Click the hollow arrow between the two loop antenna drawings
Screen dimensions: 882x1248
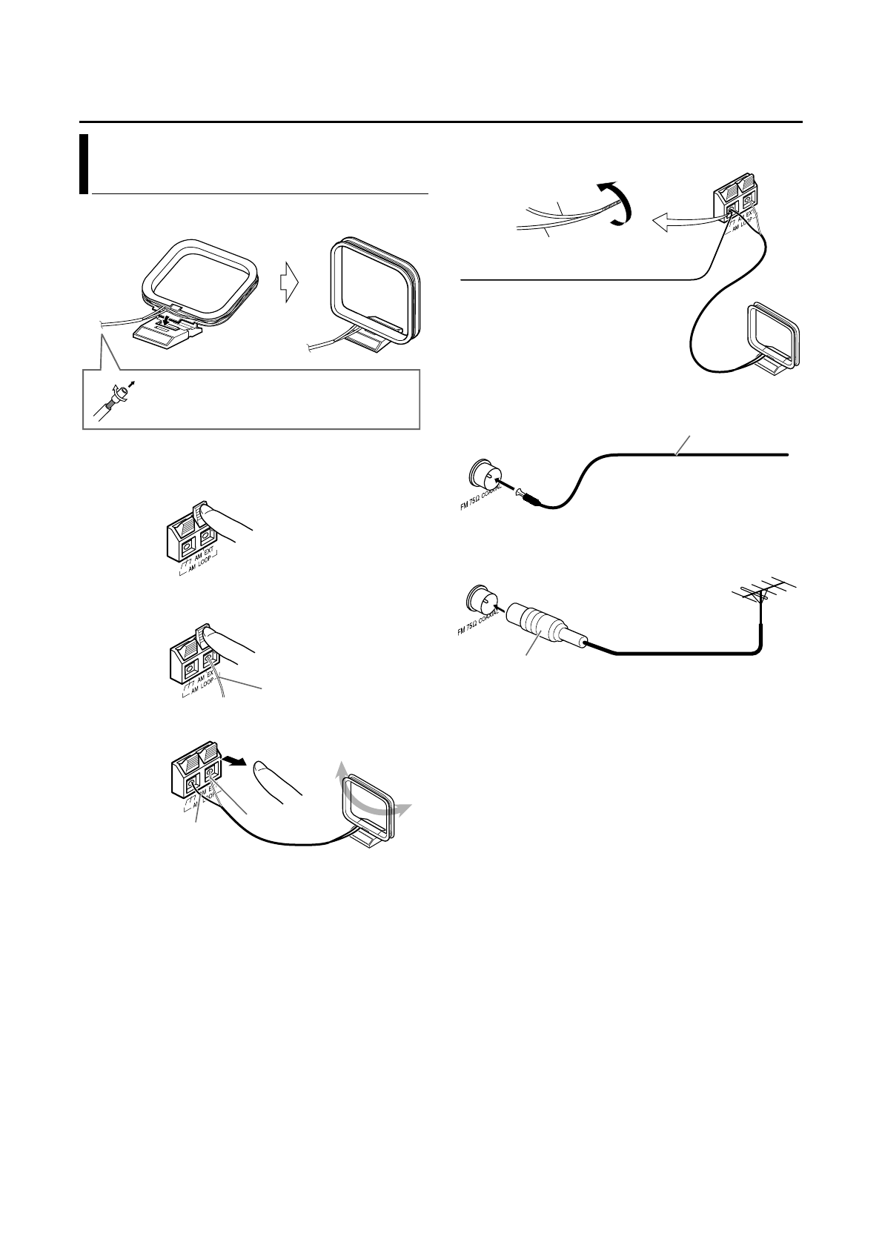point(290,286)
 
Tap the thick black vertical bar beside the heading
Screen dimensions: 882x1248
point(84,164)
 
